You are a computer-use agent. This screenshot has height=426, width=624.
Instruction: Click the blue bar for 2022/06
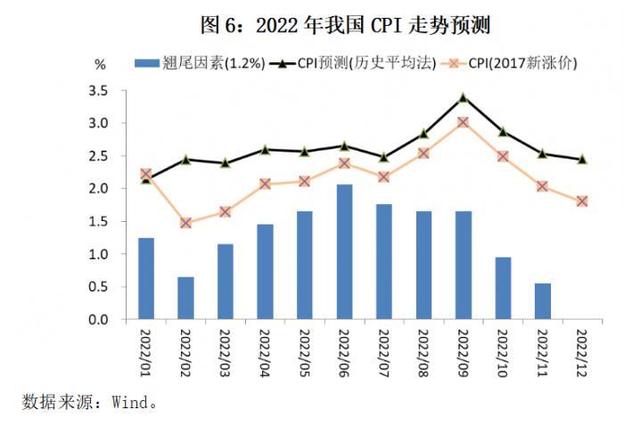[344, 252]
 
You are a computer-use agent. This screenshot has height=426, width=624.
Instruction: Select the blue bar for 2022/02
[185, 298]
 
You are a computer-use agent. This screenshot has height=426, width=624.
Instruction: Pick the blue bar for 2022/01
[146, 279]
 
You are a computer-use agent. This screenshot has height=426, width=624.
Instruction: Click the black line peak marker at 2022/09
[463, 97]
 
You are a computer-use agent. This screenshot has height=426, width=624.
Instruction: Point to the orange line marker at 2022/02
[185, 223]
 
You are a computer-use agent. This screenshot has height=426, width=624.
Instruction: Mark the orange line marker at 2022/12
[581, 201]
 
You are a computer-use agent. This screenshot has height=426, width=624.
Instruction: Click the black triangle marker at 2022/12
[581, 159]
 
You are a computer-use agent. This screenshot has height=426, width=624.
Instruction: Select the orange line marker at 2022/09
[463, 122]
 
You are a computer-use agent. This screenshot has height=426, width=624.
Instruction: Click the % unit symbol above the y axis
[100, 64]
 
